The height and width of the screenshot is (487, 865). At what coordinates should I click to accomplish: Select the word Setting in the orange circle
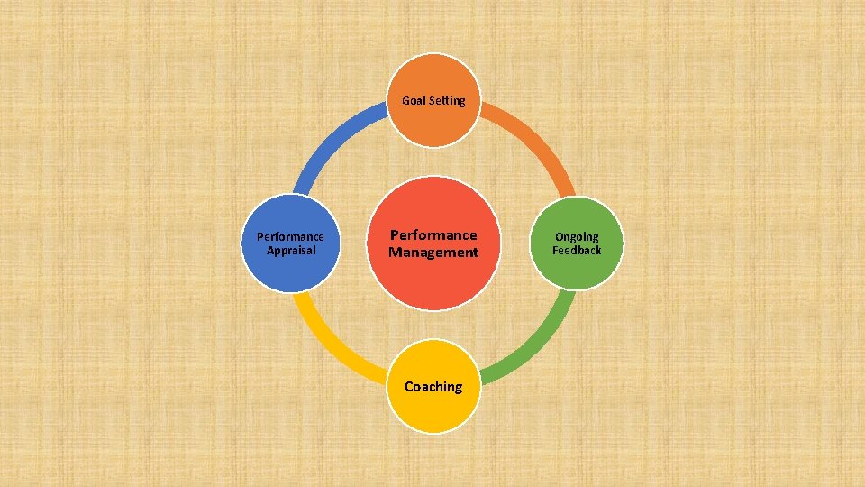[447, 101]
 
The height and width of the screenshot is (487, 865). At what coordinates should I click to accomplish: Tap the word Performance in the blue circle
[290, 237]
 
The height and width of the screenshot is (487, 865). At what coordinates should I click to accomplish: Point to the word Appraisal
[291, 251]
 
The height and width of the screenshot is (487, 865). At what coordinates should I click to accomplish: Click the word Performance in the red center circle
[433, 235]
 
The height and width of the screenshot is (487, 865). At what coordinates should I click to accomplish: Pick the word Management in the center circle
[433, 253]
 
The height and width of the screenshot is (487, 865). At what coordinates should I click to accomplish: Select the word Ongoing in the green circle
[577, 237]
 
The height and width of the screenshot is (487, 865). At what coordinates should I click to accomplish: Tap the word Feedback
[577, 250]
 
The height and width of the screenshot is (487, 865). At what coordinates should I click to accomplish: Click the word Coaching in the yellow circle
[433, 387]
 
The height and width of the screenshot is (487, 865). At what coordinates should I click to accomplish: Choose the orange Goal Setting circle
[434, 122]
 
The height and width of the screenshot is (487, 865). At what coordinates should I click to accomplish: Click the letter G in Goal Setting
[405, 101]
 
